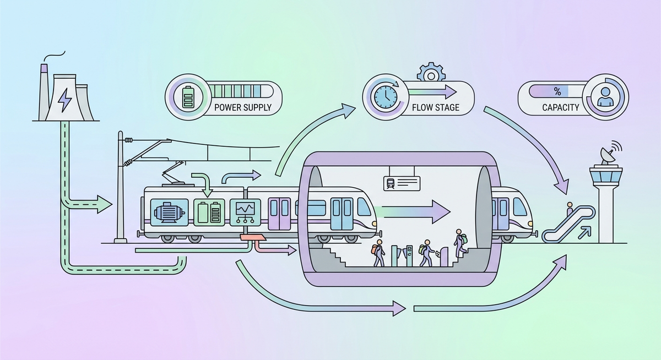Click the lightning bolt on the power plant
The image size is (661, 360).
point(65,101)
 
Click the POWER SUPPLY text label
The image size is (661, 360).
point(242,107)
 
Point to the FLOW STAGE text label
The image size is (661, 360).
point(435,107)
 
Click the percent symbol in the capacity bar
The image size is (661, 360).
point(557,91)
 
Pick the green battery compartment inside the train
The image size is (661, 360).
point(209,211)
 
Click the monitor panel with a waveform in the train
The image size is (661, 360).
point(244,211)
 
